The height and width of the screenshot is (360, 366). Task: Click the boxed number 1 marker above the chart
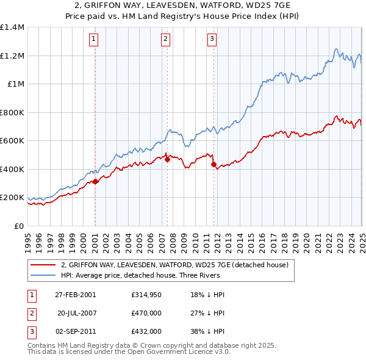[x=95, y=39]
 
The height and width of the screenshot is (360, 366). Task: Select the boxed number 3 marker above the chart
[x=212, y=39]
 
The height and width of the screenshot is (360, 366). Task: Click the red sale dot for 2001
[x=95, y=181]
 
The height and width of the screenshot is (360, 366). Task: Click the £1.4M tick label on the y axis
[x=12, y=27]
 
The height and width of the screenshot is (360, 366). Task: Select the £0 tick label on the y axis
[x=19, y=226]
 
